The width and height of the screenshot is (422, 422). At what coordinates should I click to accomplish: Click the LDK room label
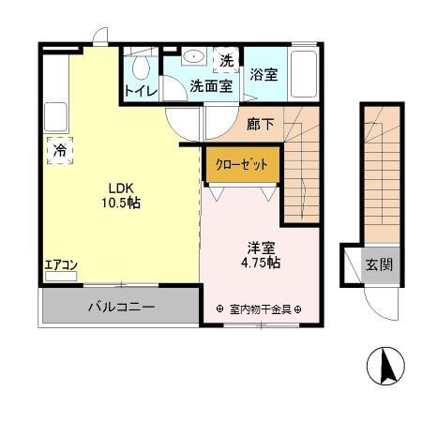pos(121,188)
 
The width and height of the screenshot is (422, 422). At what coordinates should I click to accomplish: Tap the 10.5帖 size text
pos(121,203)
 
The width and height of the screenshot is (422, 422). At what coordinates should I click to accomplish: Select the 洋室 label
pos(261,248)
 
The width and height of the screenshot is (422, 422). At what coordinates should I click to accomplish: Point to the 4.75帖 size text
pos(261,263)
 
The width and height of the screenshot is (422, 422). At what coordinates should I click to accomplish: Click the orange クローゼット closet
pos(242,164)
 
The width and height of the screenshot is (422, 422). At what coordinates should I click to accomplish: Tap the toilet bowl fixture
pos(141,68)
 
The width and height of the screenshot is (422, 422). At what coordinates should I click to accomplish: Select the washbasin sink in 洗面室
pos(194,56)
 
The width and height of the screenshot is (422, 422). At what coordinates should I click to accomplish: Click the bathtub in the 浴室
pos(304,74)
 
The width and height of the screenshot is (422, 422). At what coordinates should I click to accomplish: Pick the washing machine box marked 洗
pos(226,60)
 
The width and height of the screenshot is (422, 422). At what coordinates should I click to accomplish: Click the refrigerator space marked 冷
pos(60,150)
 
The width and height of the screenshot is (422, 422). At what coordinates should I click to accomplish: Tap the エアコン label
pos(61,265)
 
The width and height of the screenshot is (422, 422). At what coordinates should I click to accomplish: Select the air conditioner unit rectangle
pos(61,277)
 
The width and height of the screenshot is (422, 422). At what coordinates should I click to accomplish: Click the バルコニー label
pos(122,307)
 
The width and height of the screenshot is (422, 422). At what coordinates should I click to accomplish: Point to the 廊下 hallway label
pos(261,125)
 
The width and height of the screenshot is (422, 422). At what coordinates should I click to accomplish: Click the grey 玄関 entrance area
pos(381,265)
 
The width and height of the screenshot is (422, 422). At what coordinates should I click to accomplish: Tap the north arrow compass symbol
pos(385,366)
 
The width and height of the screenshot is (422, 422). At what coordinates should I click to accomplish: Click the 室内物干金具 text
pos(261,309)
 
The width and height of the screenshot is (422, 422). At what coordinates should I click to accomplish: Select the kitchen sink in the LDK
pos(55,117)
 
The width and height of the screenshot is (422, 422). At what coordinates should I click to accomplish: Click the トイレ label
pos(141,91)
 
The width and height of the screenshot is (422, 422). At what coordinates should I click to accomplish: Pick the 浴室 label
pos(264,74)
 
